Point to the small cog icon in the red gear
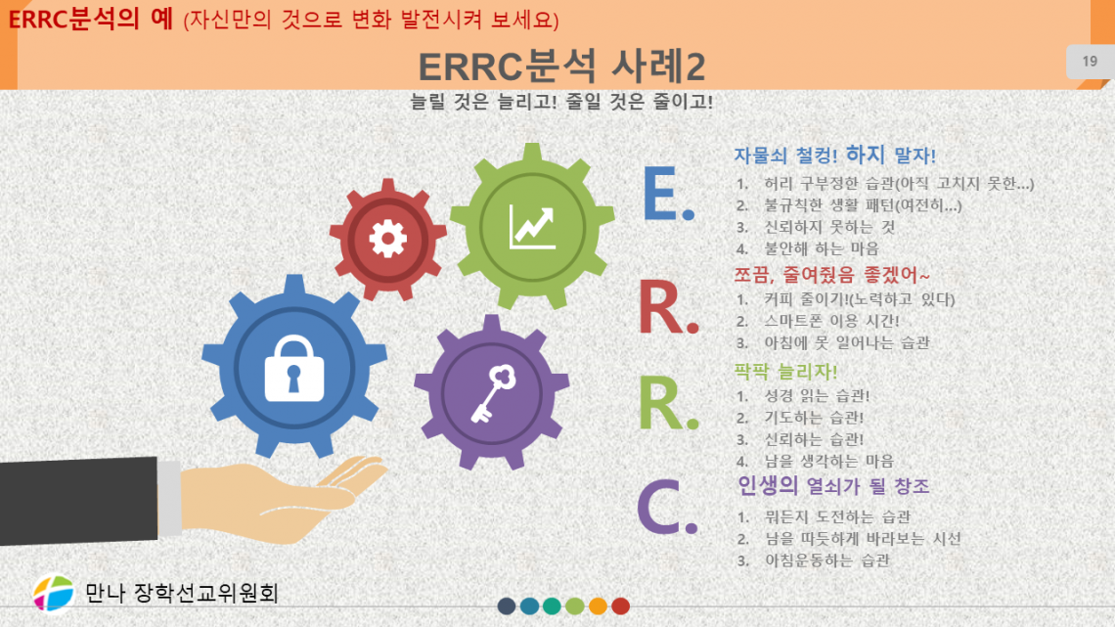pyautogui.click(x=388, y=236)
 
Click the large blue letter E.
pyautogui.click(x=667, y=193)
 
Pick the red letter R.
pyautogui.click(x=667, y=307)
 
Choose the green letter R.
pyautogui.click(x=667, y=404)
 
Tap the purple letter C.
pyautogui.click(x=666, y=507)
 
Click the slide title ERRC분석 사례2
pyautogui.click(x=561, y=67)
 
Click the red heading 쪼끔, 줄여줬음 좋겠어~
pyautogui.click(x=831, y=275)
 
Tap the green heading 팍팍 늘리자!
pyautogui.click(x=785, y=372)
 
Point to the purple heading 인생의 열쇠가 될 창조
pyautogui.click(x=833, y=485)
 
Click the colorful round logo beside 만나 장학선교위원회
pyautogui.click(x=54, y=592)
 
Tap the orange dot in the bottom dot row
pyautogui.click(x=598, y=605)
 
